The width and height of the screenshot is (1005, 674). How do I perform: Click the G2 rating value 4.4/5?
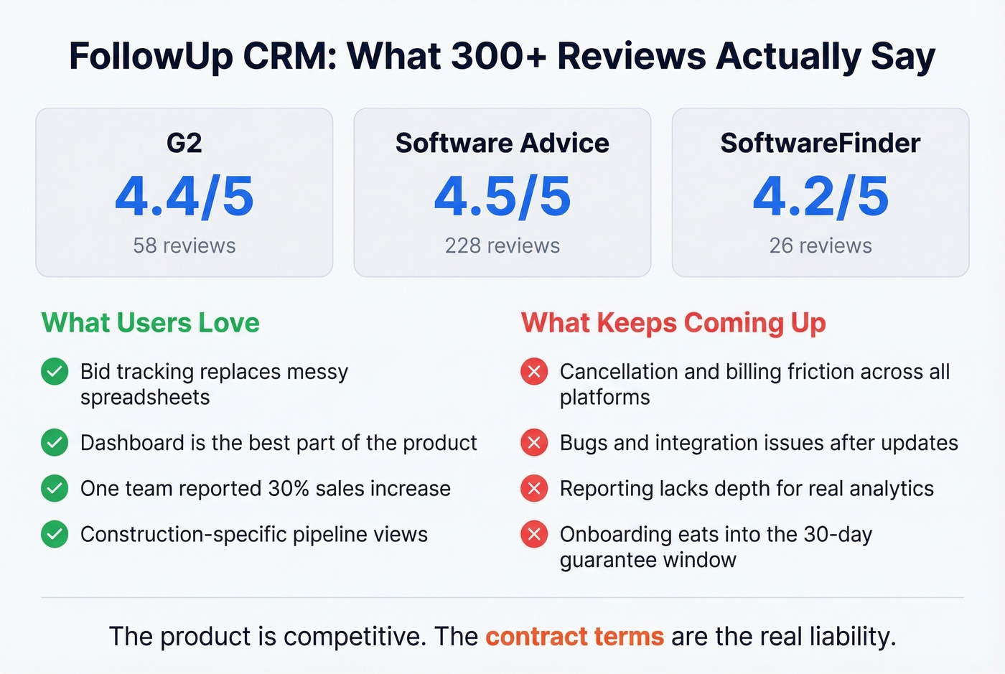pos(184,197)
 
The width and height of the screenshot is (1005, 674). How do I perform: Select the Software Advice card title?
pos(502,143)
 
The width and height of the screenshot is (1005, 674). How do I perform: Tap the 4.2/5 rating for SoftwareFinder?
pos(821,197)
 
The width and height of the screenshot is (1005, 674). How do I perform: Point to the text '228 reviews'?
pos(502,245)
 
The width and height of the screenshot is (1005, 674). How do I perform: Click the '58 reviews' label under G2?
pos(184,245)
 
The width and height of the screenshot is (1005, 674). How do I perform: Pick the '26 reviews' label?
pos(821,245)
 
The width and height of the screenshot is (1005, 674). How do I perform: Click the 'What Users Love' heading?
pos(150,323)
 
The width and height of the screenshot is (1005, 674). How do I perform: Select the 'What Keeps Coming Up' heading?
pos(673,323)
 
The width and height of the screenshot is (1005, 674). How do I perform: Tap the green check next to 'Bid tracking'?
pos(55,372)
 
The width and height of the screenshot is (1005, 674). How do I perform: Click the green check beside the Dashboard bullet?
pos(55,443)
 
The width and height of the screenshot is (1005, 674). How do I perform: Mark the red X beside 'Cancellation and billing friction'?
pos(534,372)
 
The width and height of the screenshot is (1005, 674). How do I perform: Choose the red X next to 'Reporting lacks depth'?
pos(534,489)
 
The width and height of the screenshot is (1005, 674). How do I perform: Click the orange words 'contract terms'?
pos(574,637)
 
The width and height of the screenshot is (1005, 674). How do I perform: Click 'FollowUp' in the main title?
pos(151,56)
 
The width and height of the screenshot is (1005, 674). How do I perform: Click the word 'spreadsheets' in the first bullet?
pos(145,398)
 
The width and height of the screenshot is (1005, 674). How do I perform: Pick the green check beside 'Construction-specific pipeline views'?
pos(55,535)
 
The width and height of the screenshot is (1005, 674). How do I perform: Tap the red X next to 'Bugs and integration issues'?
pos(534,443)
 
